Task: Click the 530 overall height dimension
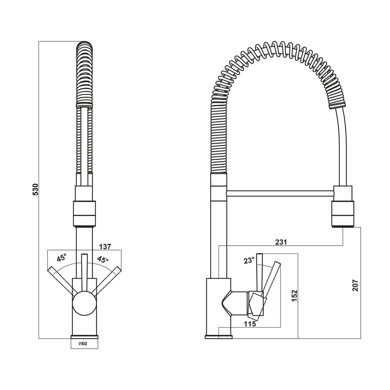click(x=35, y=189)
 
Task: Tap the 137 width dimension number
click(x=105, y=246)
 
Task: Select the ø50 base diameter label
click(x=83, y=344)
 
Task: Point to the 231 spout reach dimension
click(x=281, y=242)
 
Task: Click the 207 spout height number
click(x=355, y=285)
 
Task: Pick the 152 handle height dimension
click(x=294, y=296)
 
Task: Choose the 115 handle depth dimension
click(x=250, y=324)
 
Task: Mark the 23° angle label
click(x=249, y=261)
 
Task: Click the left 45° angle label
click(x=62, y=257)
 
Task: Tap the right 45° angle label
click(x=103, y=259)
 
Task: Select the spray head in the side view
click(x=343, y=214)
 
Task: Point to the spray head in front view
click(x=84, y=214)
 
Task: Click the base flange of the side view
click(x=218, y=337)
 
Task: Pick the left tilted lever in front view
click(x=63, y=280)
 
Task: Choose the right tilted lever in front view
click(x=105, y=280)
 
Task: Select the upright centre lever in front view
click(x=84, y=273)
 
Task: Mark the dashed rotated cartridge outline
click(x=256, y=306)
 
